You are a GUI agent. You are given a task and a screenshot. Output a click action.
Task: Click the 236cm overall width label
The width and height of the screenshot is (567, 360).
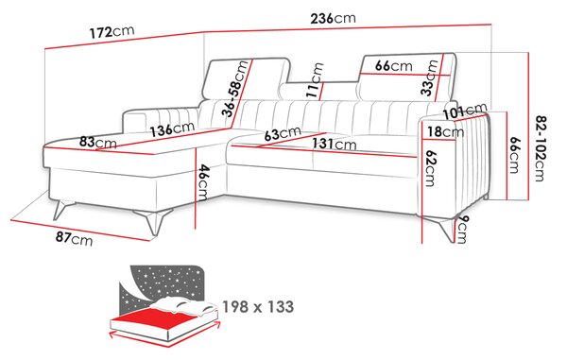[333, 18]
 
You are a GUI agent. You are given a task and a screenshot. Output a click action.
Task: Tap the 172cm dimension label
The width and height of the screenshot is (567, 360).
[112, 32]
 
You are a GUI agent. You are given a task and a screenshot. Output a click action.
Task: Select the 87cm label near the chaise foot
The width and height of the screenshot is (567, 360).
[74, 238]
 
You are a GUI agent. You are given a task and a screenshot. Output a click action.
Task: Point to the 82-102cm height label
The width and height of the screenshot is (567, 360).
[541, 148]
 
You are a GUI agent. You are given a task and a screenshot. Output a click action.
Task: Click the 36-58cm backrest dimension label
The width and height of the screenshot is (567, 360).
[235, 89]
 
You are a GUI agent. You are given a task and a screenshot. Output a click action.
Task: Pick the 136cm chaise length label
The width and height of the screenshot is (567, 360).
[173, 129]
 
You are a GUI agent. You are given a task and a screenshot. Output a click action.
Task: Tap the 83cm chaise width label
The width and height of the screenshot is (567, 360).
[98, 142]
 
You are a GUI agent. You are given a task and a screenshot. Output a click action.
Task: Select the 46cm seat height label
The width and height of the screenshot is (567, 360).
[203, 182]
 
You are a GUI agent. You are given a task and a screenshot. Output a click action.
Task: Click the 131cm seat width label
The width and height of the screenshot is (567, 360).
[335, 144]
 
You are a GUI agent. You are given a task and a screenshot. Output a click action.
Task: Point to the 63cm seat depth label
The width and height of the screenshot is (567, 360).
[283, 133]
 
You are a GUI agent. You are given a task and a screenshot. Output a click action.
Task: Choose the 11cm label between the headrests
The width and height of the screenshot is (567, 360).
[315, 80]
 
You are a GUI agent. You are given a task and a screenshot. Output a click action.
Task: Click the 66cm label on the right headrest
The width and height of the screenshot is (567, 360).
[393, 66]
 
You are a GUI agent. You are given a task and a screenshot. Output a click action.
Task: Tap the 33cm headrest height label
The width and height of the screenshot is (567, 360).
[430, 77]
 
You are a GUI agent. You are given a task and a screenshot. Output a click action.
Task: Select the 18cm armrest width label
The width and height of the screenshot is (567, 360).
[445, 131]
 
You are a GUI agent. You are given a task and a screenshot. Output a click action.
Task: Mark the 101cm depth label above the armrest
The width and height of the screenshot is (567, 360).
[465, 111]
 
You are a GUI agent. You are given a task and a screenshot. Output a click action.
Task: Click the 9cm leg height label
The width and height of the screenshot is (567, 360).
[462, 230]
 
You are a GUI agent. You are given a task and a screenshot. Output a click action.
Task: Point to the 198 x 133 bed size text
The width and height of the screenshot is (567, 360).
[258, 307]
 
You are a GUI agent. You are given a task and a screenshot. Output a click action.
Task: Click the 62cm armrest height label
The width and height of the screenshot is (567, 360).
[430, 168]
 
